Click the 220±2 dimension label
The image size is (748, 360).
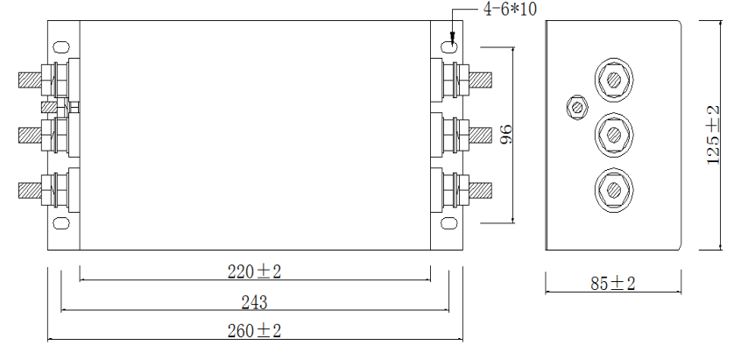tap(255, 272)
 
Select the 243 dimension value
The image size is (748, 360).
tap(254, 302)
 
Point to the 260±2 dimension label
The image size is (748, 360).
tap(255, 331)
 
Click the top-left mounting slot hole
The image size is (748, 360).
tap(60, 46)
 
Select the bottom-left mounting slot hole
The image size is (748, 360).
tap(60, 223)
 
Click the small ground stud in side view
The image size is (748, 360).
tap(577, 107)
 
